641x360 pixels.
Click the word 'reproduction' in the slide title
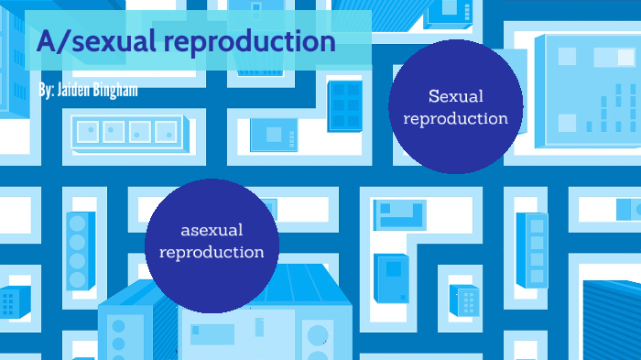click(x=259, y=42)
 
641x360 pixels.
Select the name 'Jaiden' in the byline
click(x=79, y=92)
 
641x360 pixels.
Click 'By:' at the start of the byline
click(x=47, y=92)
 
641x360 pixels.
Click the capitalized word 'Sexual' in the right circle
click(x=455, y=95)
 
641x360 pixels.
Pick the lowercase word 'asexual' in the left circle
click(x=212, y=229)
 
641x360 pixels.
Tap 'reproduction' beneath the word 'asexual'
click(x=212, y=251)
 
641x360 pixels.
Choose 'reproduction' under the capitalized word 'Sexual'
click(x=455, y=118)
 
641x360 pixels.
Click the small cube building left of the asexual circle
click(x=11, y=301)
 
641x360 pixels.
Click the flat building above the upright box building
click(x=400, y=214)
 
